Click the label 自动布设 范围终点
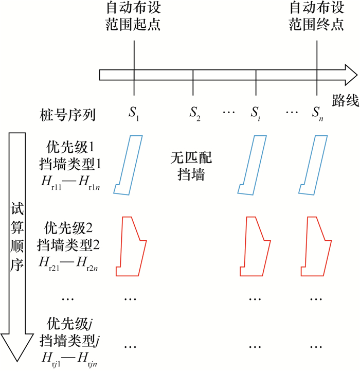316,16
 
